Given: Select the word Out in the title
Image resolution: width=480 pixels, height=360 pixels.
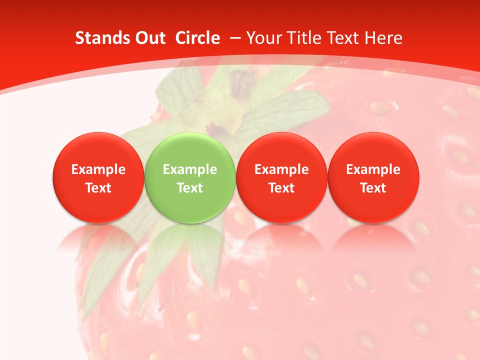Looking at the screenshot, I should (x=148, y=38).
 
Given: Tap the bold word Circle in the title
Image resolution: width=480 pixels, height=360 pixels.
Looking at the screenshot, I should (x=197, y=38).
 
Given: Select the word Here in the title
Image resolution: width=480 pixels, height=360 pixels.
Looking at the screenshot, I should (x=384, y=38).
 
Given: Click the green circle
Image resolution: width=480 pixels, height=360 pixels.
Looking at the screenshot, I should (x=189, y=150).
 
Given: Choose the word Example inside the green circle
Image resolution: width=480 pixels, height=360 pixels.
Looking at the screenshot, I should (x=189, y=169).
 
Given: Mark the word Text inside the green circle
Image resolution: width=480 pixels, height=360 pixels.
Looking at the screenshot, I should (x=189, y=188).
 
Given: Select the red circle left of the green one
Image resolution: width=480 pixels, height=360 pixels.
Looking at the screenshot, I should (x=98, y=150).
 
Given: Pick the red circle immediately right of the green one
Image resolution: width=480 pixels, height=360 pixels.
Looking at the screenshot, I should (x=281, y=150).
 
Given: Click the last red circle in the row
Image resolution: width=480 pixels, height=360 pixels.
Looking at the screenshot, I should (x=373, y=150).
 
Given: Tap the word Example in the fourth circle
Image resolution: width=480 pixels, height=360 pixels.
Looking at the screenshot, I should (x=373, y=169).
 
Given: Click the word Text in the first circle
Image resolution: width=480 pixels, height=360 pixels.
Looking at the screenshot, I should (x=98, y=188).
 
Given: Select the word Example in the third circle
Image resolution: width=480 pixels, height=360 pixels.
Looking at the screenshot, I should (x=281, y=169).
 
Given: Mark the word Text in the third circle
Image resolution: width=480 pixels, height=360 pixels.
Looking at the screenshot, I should (x=281, y=188).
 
